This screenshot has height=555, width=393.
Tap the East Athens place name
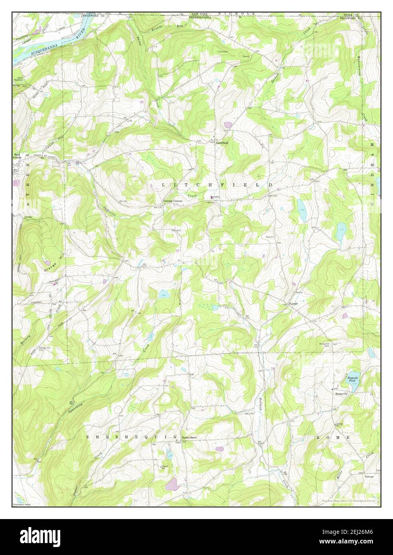pyautogui.click(x=18, y=156)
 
